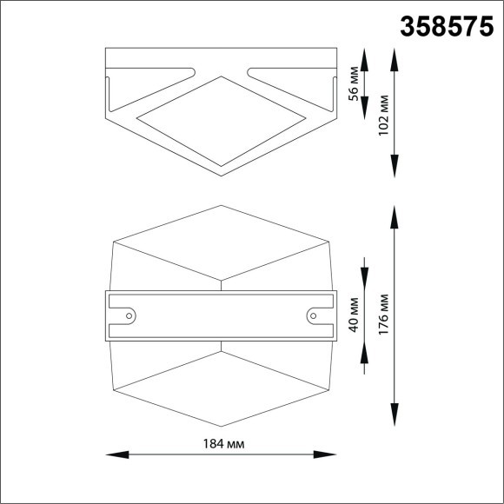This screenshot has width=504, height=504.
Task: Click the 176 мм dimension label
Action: point(383,316)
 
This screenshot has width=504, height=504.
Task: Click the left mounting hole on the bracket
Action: point(129,315)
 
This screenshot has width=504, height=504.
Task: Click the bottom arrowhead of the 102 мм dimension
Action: point(395,169)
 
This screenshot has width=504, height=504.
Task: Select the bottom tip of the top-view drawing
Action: point(222,175)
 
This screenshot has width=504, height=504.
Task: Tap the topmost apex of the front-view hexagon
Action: point(222,205)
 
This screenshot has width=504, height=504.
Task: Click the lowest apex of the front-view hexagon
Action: point(222,428)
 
